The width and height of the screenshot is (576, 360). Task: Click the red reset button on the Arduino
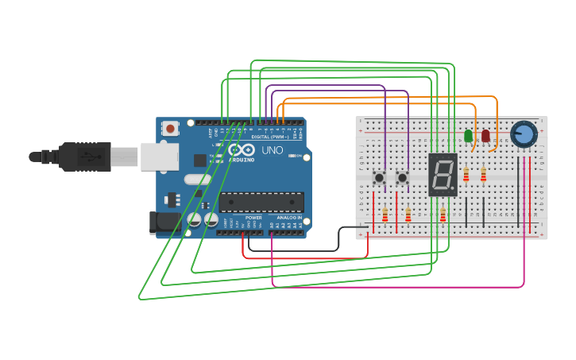(170, 128)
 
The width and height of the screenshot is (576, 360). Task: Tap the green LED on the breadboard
(468, 136)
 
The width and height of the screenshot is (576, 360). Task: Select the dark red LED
(485, 136)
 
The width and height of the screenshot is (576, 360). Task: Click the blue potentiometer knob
(524, 134)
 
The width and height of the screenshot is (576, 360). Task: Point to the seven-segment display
(443, 175)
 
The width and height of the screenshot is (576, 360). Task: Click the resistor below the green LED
(466, 175)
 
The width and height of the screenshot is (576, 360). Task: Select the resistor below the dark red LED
(483, 175)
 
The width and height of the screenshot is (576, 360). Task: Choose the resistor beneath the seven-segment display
(443, 215)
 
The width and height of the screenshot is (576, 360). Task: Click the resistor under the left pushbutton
(385, 215)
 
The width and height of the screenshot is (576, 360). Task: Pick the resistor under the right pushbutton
(408, 215)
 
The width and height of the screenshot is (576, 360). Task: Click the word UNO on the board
(273, 150)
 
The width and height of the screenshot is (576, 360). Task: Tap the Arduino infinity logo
(236, 149)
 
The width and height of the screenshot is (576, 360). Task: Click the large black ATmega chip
(261, 203)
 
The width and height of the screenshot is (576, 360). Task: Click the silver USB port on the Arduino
(160, 157)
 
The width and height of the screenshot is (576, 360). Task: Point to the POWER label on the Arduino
(253, 217)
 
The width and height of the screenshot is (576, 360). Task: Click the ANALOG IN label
(289, 217)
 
